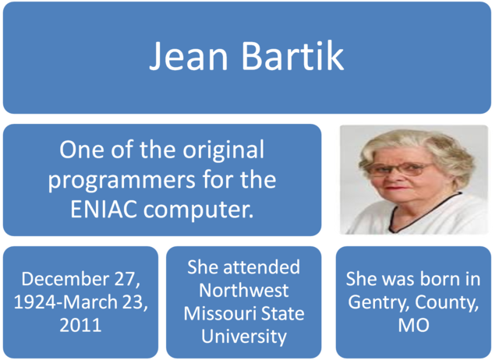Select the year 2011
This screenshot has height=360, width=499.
pos(80,325)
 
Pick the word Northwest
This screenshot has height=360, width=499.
pos(243,291)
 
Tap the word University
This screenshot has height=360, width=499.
pos(243,337)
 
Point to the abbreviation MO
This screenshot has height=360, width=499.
pos(413,325)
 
